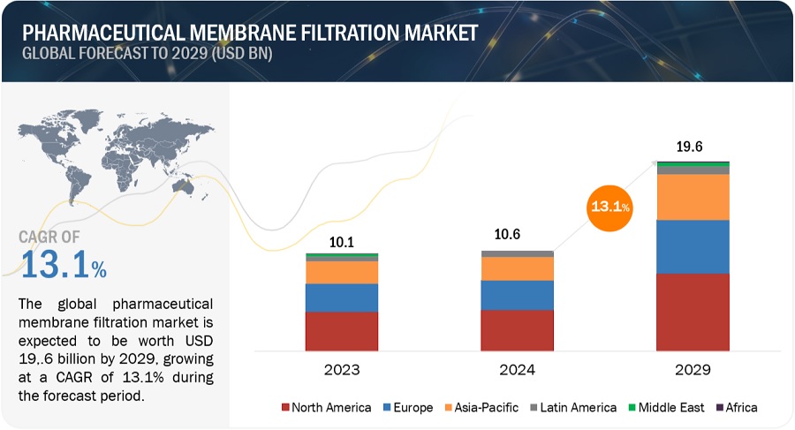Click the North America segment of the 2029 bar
click(693, 313)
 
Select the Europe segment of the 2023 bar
click(342, 298)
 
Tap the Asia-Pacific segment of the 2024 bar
click(517, 268)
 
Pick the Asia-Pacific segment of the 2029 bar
click(693, 197)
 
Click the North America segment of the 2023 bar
click(342, 332)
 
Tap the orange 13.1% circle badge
click(609, 207)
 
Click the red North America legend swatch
click(286, 407)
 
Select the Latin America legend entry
click(574, 407)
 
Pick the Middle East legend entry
click(670, 407)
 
